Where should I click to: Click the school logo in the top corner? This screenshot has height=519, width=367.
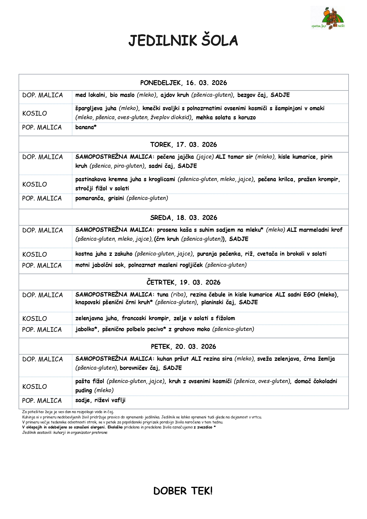[x=328, y=18]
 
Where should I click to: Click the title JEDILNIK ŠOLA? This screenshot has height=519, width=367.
[x=183, y=41]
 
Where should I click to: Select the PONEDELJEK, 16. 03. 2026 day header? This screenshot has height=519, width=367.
[x=183, y=83]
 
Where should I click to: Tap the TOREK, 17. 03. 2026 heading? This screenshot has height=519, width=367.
[x=183, y=145]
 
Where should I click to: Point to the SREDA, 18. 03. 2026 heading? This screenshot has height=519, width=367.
[x=183, y=218]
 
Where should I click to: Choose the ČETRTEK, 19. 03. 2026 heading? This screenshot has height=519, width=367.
[x=183, y=282]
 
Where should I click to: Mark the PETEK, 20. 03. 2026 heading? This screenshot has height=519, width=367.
[x=183, y=347]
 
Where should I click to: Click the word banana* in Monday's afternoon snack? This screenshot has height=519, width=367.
[x=86, y=127]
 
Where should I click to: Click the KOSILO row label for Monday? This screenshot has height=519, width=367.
[x=35, y=114]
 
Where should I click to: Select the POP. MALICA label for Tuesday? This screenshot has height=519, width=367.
[x=42, y=198]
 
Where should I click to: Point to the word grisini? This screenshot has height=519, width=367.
[x=116, y=198]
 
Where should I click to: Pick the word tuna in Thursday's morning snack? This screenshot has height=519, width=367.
[x=163, y=295]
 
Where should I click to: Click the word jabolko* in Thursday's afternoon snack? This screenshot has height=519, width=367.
[x=86, y=329]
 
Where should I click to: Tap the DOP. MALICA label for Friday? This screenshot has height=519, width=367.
[x=43, y=359]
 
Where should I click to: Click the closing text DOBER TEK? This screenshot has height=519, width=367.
[x=183, y=491]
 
